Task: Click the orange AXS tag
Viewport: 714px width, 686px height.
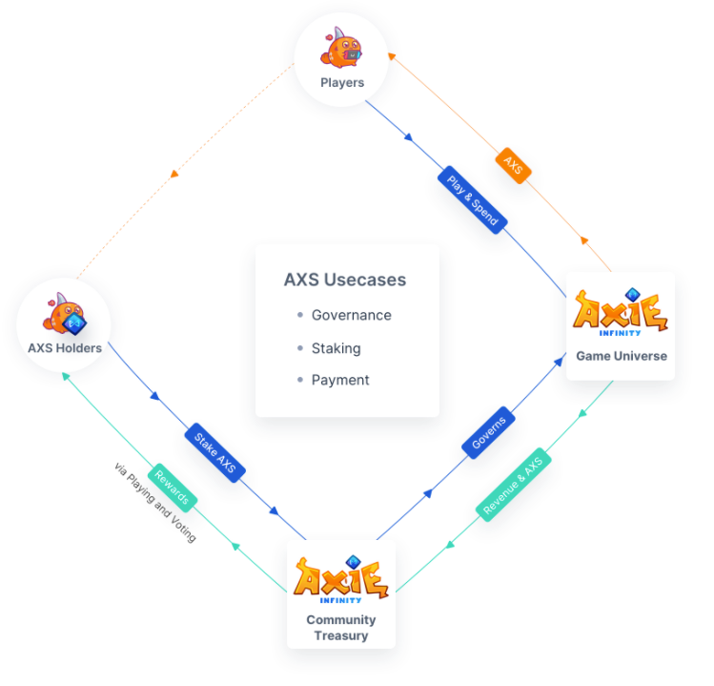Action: click(514, 166)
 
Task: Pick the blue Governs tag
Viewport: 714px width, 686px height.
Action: click(489, 432)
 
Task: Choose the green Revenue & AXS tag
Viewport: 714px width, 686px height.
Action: click(513, 484)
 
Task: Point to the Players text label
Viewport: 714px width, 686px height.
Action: click(342, 83)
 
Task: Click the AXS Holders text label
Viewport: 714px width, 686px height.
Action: click(65, 348)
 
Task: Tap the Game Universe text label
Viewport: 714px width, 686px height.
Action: click(621, 356)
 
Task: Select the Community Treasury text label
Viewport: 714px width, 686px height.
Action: click(341, 628)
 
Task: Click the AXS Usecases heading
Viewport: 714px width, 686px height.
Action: click(345, 280)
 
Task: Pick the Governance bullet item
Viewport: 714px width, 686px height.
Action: click(351, 315)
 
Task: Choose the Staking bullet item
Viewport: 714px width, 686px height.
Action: click(336, 348)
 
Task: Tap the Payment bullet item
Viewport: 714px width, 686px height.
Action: click(340, 380)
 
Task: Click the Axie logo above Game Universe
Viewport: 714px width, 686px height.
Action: click(621, 311)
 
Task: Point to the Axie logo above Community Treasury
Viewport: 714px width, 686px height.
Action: click(341, 579)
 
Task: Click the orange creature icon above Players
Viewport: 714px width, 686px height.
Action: click(341, 49)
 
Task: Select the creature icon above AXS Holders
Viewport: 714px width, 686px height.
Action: click(65, 316)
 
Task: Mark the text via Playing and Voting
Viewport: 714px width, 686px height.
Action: click(154, 503)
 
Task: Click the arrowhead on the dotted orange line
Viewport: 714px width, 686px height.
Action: click(173, 174)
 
